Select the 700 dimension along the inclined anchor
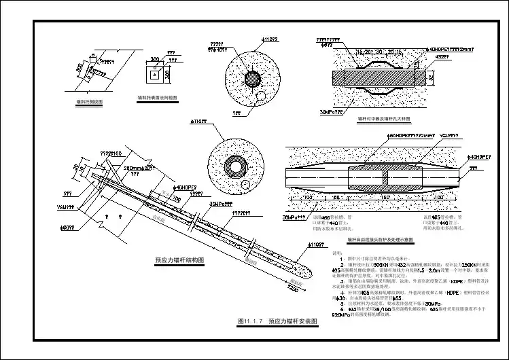point(176,199)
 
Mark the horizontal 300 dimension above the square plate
point(155,59)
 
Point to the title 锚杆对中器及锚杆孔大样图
point(384,118)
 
